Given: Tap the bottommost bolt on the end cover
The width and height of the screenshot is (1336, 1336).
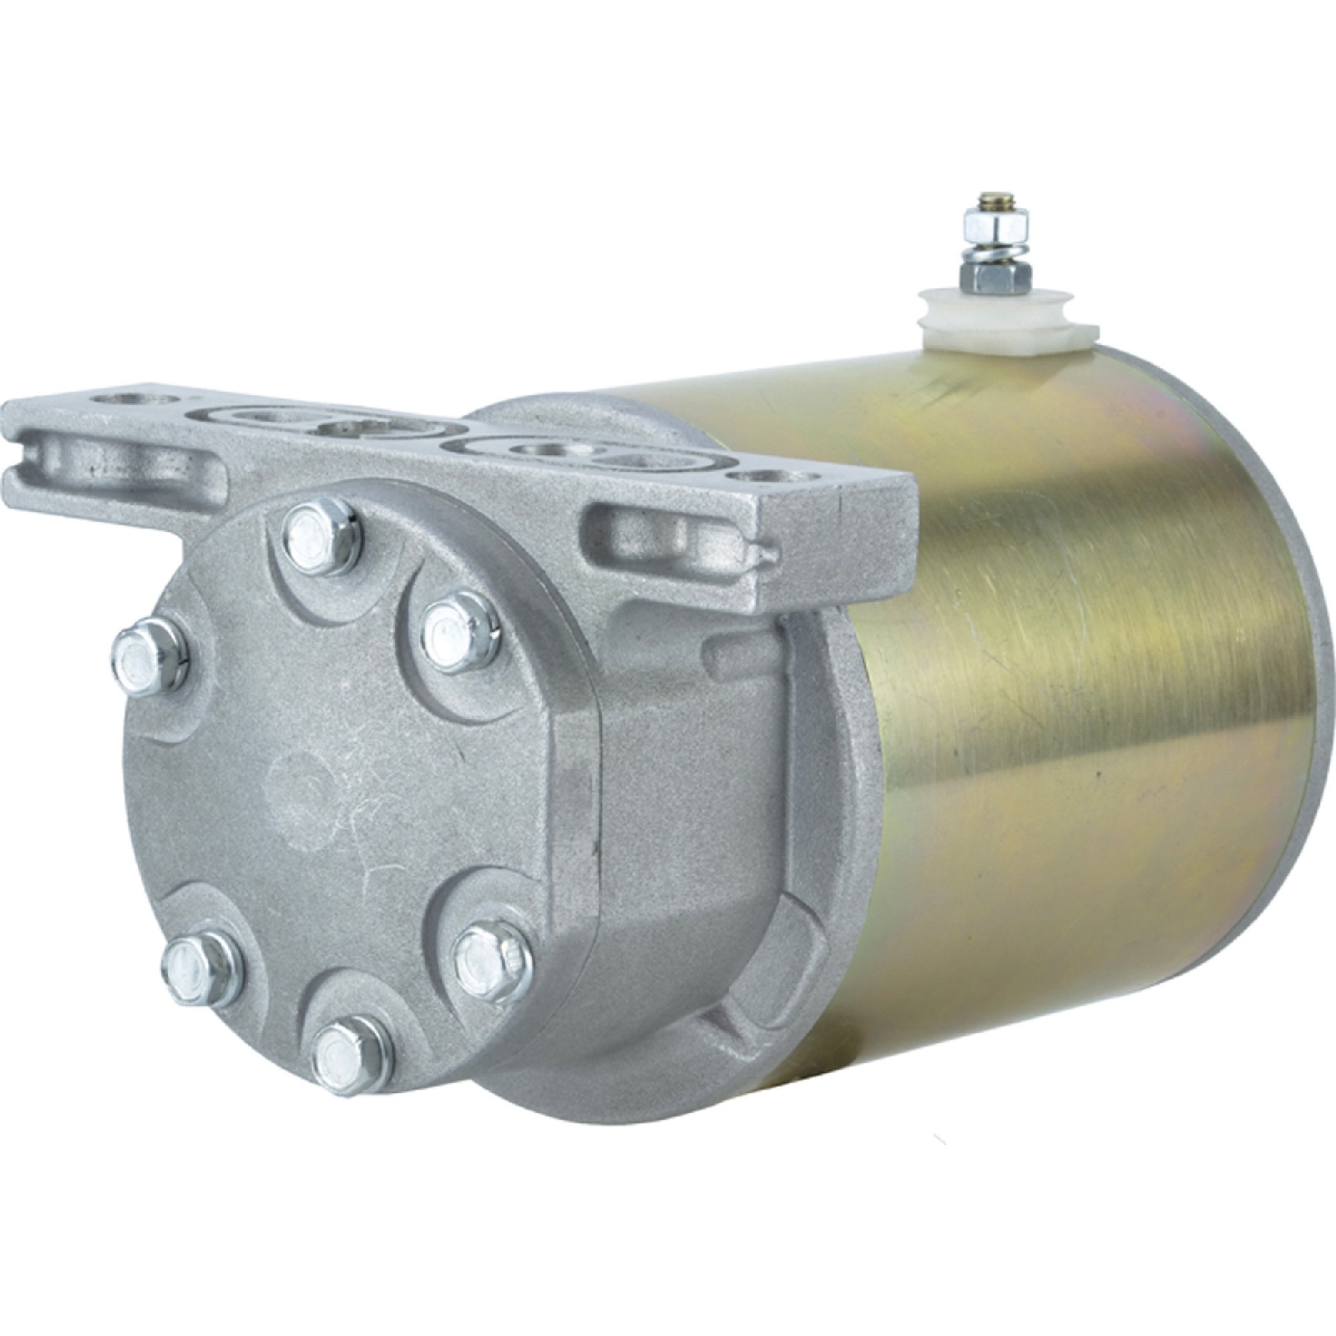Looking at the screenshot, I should (x=352, y=1055).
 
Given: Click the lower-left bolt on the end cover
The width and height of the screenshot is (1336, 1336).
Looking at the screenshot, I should (x=201, y=969).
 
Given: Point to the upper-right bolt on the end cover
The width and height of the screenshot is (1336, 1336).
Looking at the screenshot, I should (x=461, y=630).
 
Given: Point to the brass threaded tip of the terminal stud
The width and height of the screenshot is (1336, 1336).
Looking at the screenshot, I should (x=994, y=197).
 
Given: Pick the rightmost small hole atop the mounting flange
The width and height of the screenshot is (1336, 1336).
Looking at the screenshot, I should (x=762, y=477).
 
